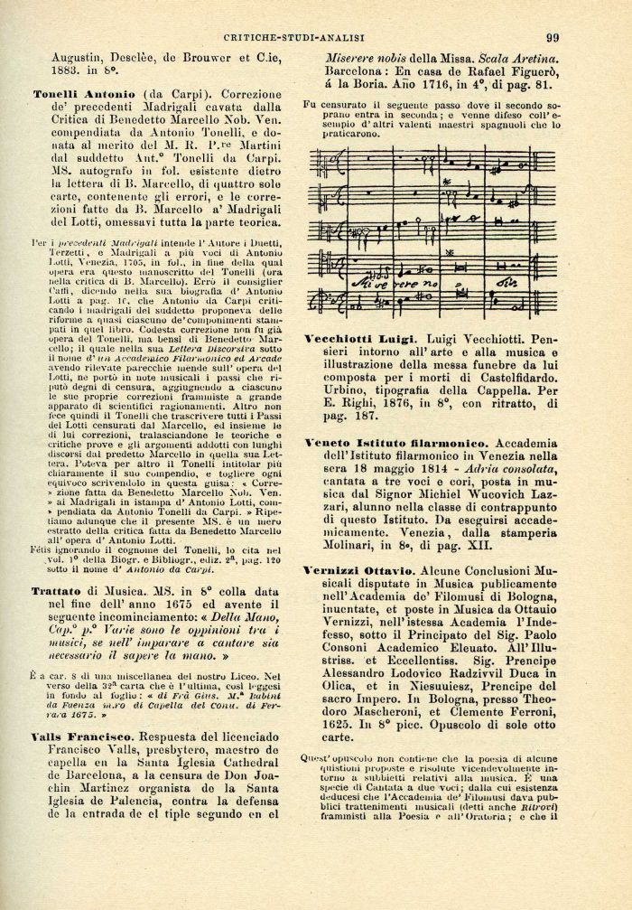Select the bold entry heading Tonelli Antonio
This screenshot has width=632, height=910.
[84, 94]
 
